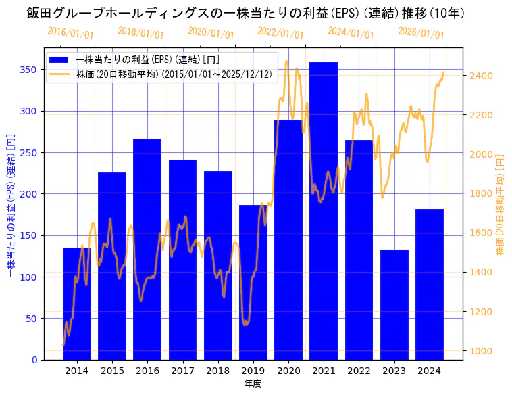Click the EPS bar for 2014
(77, 304)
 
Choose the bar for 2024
(430, 284)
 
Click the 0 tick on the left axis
(35, 360)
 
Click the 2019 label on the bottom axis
(253, 371)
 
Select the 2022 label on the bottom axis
(359, 371)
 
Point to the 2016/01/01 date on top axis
(71, 32)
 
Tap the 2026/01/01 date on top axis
(421, 33)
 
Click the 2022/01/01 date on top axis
(281, 33)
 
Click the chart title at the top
(246, 13)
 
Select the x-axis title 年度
(253, 384)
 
